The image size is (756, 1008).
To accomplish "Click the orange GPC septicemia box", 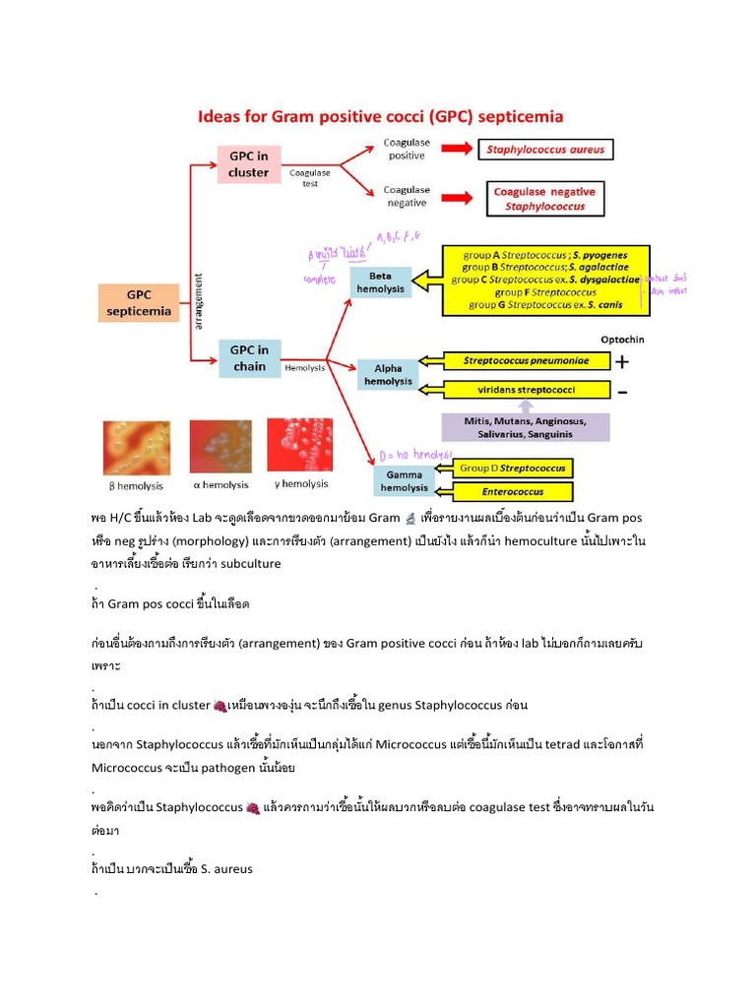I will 138,303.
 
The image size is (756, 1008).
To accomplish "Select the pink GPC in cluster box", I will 248,164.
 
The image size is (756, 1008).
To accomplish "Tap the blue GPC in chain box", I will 249,358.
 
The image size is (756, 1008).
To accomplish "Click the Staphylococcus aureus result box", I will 545,151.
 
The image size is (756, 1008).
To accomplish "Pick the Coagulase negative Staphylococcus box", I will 544,199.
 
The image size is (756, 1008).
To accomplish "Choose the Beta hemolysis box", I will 381,283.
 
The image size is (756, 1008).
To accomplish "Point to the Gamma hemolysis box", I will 405,480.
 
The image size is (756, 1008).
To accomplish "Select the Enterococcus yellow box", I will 512,491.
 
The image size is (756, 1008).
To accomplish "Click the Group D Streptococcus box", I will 512,469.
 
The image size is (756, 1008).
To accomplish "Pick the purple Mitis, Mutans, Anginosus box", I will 524,427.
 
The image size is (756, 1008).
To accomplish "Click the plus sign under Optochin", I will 622,361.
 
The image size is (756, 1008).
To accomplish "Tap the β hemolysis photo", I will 136,448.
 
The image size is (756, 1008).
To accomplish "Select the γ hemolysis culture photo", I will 301,445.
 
